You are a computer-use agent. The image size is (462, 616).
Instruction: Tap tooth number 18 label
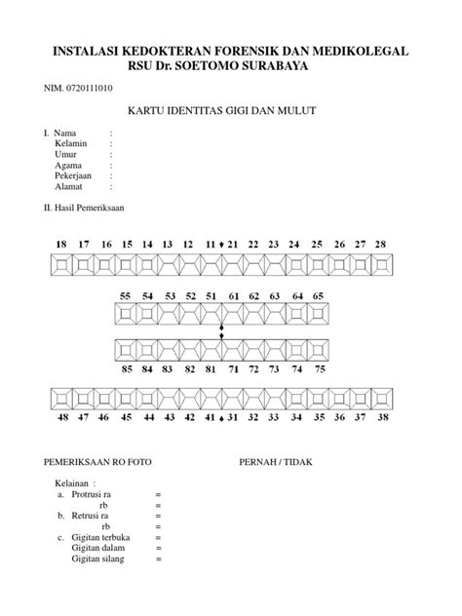click(61, 243)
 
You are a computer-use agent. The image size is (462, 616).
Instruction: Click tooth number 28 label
click(381, 243)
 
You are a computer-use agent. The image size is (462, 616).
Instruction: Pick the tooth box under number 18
click(61, 263)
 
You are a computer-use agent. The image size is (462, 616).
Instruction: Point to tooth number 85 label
click(127, 369)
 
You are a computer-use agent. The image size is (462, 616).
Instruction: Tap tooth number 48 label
click(61, 417)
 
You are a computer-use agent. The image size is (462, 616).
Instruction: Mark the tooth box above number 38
click(381, 397)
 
